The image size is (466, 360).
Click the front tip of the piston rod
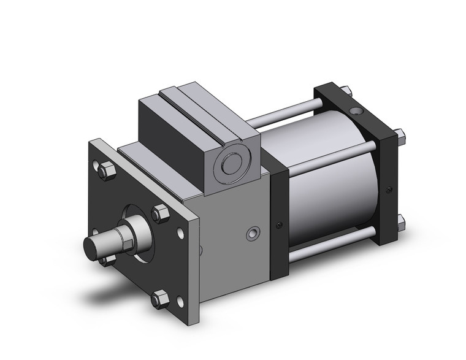[x=93, y=247]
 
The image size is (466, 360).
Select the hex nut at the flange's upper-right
[x=161, y=213]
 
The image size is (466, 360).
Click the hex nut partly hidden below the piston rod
[x=107, y=261]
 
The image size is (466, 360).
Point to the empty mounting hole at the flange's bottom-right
[x=180, y=301]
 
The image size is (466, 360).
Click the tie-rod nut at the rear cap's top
[x=348, y=91]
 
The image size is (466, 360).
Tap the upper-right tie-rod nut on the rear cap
[x=400, y=134]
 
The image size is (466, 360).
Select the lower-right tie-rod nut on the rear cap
[x=400, y=221]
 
